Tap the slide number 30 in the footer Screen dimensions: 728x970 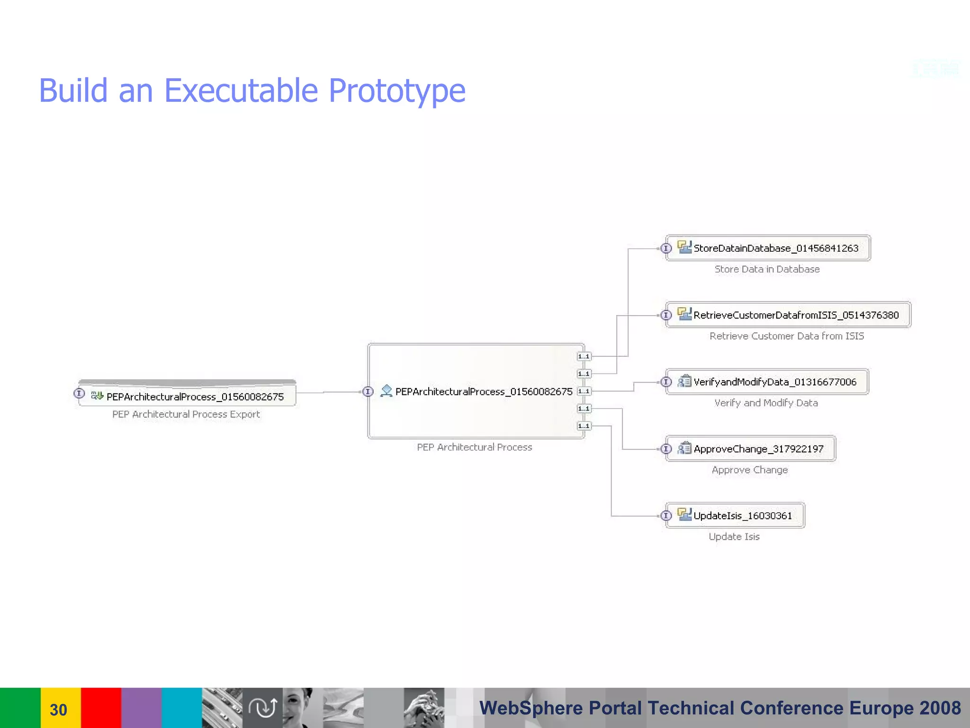[x=59, y=710]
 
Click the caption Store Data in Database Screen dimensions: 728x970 [x=767, y=269]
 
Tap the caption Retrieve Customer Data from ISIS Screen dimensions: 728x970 [x=787, y=336]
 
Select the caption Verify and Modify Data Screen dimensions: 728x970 [x=766, y=403]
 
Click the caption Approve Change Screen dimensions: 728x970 [x=750, y=470]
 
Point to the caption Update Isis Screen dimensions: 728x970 [x=734, y=537]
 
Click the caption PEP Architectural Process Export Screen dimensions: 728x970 [x=186, y=414]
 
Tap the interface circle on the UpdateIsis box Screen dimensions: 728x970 [x=666, y=516]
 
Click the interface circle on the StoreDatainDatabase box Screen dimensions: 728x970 [x=666, y=248]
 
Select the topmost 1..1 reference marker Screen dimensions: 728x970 [x=584, y=356]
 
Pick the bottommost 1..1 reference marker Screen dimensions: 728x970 [x=584, y=426]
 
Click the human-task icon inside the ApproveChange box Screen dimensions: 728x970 [x=684, y=448]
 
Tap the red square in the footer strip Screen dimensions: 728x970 [x=101, y=708]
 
